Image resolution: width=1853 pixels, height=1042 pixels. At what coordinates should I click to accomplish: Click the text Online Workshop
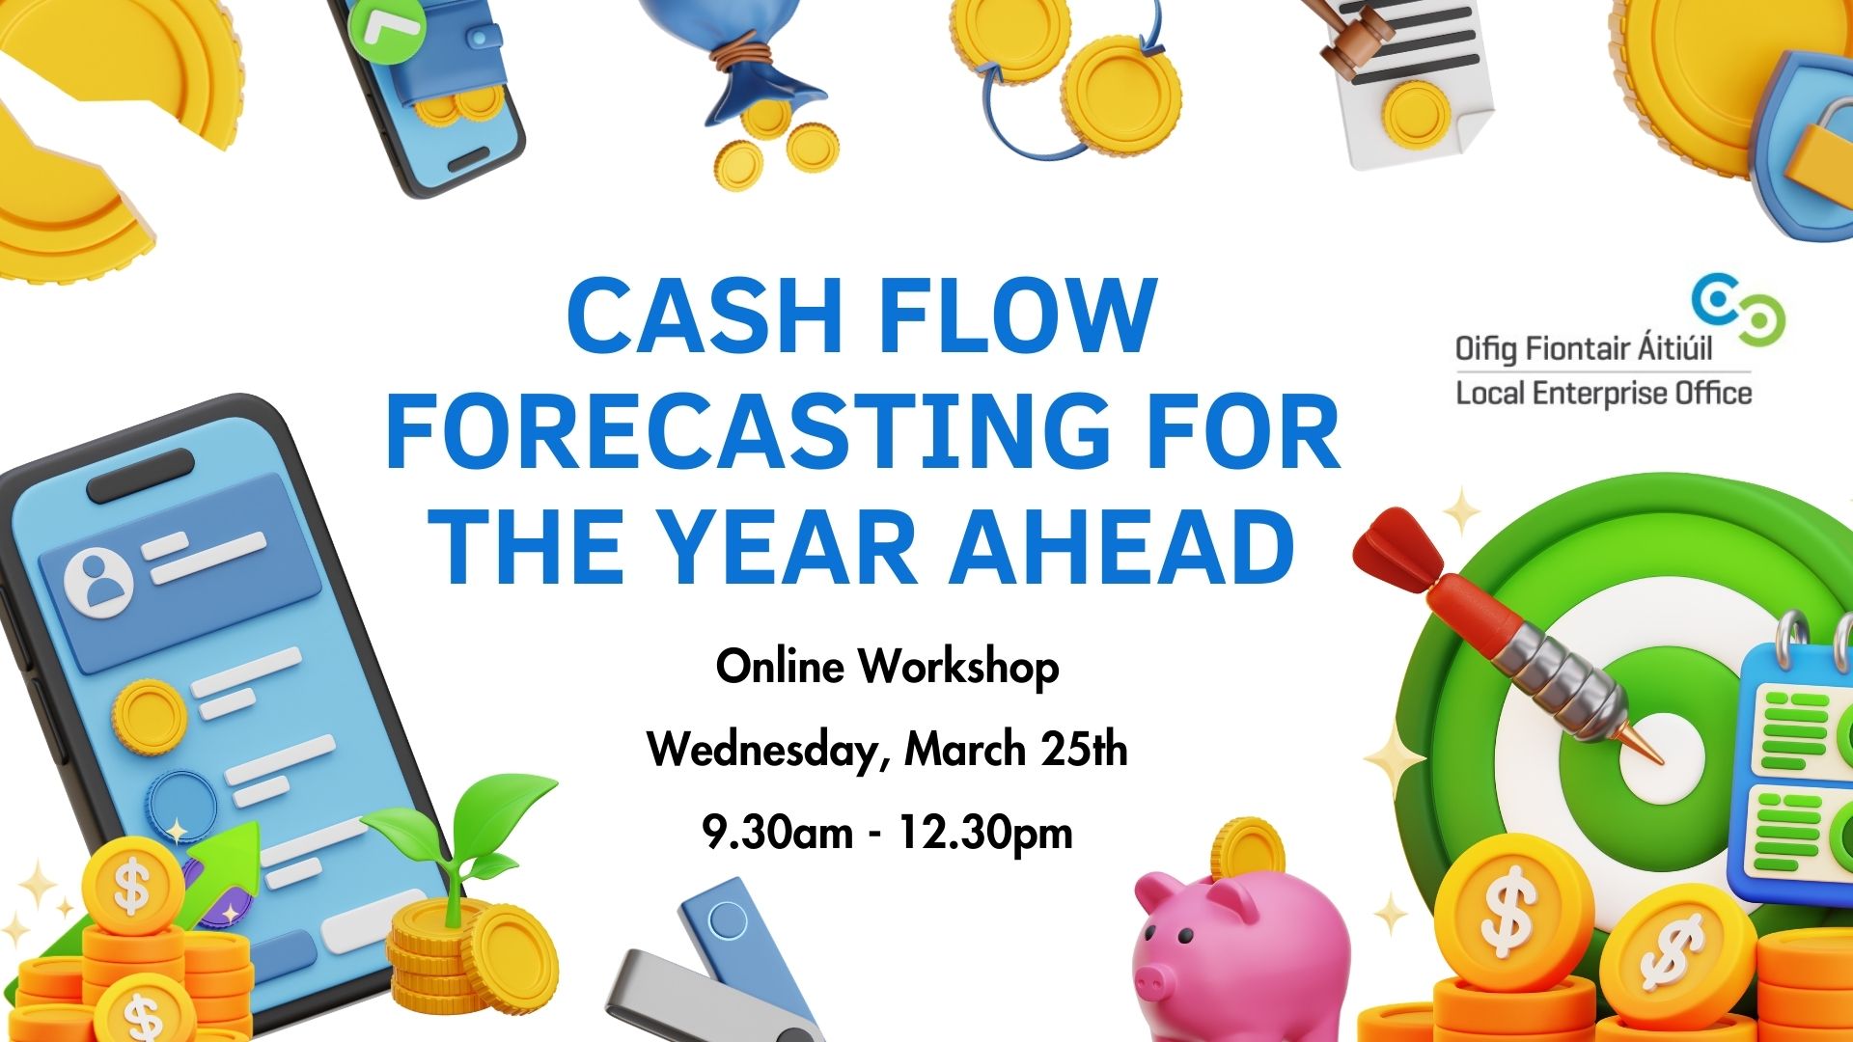[x=887, y=667]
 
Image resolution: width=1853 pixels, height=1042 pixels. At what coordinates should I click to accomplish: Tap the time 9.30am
[x=778, y=833]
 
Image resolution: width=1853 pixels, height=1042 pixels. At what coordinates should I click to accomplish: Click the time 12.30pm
[x=985, y=833]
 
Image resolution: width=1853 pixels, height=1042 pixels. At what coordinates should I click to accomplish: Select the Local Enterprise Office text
[x=1603, y=394]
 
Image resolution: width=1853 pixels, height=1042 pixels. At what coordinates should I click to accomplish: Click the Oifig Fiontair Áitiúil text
[x=1583, y=347]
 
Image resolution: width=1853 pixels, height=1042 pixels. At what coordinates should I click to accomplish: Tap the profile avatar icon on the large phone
[x=97, y=582]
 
